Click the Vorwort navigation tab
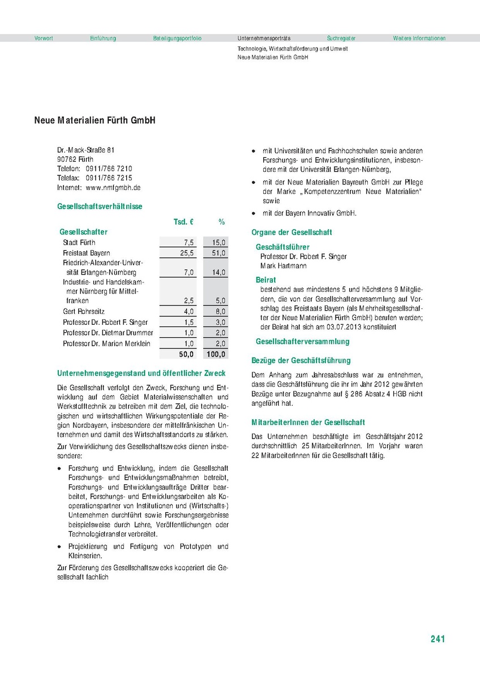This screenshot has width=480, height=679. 44,38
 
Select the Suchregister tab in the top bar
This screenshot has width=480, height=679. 341,38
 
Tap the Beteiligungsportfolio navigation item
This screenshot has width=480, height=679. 177,38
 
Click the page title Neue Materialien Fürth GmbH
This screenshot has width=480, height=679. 95,121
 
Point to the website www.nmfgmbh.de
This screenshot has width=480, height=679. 113,187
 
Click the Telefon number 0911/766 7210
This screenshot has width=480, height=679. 109,169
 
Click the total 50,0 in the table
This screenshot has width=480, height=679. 186,354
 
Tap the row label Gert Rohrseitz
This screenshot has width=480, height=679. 84,312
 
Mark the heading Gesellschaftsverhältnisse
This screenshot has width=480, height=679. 100,207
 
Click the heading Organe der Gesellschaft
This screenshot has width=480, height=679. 292,233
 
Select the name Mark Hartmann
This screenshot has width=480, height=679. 283,265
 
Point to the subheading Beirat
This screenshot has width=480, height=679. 266,280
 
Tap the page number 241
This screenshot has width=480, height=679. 438,639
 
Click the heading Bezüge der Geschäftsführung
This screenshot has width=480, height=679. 301,360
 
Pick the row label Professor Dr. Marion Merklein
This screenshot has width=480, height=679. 107,343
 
